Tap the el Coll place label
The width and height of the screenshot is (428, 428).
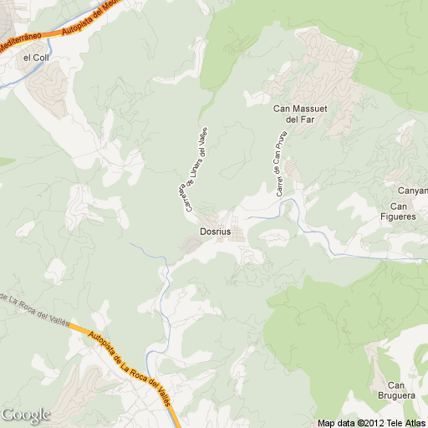pos(37,58)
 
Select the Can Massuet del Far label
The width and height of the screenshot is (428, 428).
pos(298,114)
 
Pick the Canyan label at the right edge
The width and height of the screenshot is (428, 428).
pos(412,191)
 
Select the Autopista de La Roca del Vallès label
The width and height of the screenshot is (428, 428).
pos(124,364)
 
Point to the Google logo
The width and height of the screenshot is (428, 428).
pos(26,415)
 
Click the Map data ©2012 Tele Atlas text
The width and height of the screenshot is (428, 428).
pos(371,422)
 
